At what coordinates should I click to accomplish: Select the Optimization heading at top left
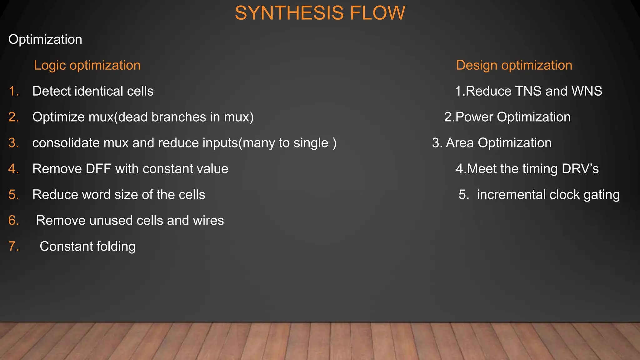pos(45,39)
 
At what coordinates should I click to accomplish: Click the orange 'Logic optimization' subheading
pos(87,65)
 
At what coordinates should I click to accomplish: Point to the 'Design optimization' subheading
pos(514,65)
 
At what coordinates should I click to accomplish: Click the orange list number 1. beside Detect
pos(14,91)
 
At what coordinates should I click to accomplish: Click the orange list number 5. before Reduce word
pos(14,195)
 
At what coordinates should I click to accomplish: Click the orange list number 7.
pos(14,247)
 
